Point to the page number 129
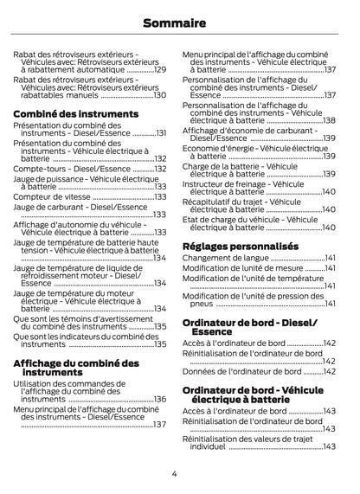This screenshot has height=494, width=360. [x=159, y=69]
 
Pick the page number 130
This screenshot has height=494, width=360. [x=159, y=95]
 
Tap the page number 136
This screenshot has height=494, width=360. [x=159, y=399]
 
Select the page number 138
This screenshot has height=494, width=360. [x=329, y=120]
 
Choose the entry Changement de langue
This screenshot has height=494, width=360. [x=226, y=258]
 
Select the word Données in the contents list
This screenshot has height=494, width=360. [x=199, y=371]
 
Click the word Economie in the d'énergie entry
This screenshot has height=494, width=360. [x=204, y=149]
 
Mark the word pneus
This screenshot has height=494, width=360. [x=201, y=305]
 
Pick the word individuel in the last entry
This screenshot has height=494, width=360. [x=208, y=446]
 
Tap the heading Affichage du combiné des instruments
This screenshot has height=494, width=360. [x=76, y=367]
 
